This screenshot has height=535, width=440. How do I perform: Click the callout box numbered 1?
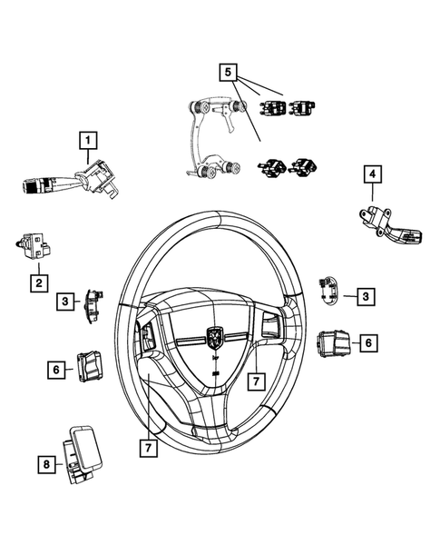[87, 141]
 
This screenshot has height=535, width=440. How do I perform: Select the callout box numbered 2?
[38, 283]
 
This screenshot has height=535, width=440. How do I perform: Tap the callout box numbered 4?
[372, 173]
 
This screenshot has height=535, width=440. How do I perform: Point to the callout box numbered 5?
[229, 71]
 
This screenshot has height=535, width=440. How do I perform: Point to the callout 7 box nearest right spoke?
[257, 377]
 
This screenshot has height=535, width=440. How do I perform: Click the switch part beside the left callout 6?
[93, 365]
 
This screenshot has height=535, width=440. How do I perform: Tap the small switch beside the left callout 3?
[93, 303]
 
